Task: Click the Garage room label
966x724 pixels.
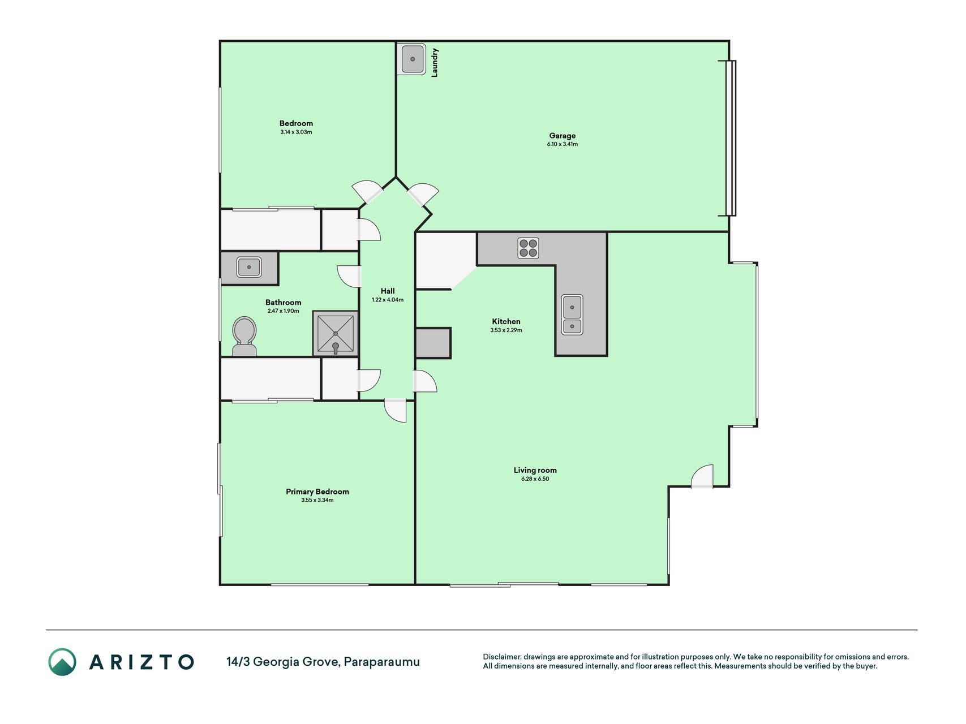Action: [562, 136]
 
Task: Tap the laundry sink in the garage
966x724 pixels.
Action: [413, 59]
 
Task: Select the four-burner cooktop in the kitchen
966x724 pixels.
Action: [528, 248]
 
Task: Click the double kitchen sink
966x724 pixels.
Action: [572, 314]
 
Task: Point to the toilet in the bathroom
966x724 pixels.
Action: [244, 337]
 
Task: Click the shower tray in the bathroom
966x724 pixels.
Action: [336, 334]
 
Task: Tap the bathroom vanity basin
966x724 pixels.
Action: [249, 267]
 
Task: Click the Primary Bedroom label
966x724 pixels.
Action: [317, 492]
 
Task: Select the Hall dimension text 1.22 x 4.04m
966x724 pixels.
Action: [388, 300]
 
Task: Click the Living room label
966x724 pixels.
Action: [535, 470]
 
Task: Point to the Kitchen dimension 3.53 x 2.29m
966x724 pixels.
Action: [506, 330]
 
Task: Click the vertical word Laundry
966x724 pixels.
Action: [435, 62]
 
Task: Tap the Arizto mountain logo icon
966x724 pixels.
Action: [62, 662]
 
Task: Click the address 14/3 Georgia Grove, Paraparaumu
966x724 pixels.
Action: [323, 662]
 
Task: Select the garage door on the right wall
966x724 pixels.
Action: [731, 138]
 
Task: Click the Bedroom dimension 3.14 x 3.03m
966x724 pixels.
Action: [296, 132]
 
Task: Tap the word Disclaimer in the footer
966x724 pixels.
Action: [501, 657]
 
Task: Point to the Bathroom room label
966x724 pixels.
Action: [284, 303]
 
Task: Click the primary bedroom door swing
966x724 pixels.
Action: [395, 411]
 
